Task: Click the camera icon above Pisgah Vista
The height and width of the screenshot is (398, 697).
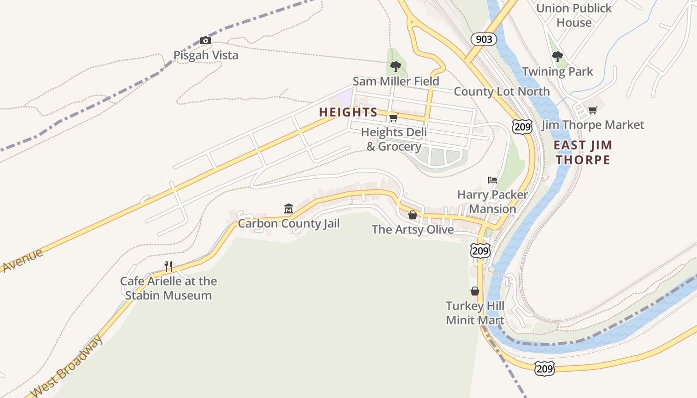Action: click(x=205, y=40)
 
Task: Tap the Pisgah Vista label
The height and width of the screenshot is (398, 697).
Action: click(x=206, y=55)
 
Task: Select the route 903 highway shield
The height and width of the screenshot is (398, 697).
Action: click(x=483, y=39)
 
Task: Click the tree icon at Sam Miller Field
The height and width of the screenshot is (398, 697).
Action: click(x=396, y=66)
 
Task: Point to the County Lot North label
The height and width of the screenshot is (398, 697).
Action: click(x=501, y=92)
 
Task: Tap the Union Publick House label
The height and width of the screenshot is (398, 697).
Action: click(x=574, y=15)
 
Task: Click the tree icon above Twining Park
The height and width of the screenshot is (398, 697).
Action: click(x=558, y=57)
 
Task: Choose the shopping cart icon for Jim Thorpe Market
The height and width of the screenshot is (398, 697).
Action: click(x=592, y=110)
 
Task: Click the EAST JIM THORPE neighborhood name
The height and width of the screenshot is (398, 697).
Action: click(x=582, y=152)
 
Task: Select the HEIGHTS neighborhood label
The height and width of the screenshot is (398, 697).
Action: click(x=348, y=112)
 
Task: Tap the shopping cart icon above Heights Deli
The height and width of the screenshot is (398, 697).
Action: click(x=393, y=118)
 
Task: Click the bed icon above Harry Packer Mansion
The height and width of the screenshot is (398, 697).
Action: click(x=492, y=180)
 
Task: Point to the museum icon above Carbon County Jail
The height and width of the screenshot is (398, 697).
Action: click(x=288, y=208)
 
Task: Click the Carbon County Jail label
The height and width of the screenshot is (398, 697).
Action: click(x=289, y=223)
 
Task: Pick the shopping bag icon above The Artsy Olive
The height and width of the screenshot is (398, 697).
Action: click(x=413, y=215)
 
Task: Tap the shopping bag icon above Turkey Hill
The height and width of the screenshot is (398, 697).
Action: click(x=475, y=291)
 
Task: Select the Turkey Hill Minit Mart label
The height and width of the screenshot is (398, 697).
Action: click(x=475, y=313)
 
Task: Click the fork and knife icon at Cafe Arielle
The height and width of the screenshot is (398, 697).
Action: click(x=168, y=267)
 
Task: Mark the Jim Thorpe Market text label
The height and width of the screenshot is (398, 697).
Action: click(x=592, y=125)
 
